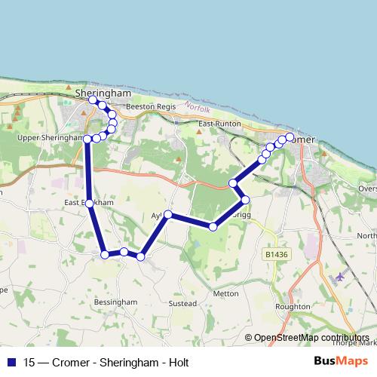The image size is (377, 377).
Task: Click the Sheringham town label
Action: pyautogui.click(x=103, y=92)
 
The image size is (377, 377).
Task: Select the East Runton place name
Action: pyautogui.click(x=219, y=123)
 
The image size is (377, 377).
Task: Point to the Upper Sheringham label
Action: pyautogui.click(x=44, y=138)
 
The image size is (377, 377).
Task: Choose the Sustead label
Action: pyautogui.click(x=183, y=303)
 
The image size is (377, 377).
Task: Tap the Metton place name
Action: pyautogui.click(x=226, y=293)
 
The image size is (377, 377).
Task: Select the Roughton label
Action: pyautogui.click(x=293, y=307)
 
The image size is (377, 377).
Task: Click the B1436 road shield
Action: pyautogui.click(x=277, y=256)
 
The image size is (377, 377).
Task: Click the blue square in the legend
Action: pyautogui.click(x=11, y=362)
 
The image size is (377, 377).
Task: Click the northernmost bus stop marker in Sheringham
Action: pyautogui.click(x=93, y=100)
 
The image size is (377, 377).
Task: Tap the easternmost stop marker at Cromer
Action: pyautogui.click(x=289, y=136)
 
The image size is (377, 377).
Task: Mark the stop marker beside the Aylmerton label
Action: pyautogui.click(x=168, y=215)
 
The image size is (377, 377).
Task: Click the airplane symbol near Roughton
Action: pyautogui.click(x=339, y=277)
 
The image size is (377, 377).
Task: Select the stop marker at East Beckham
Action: pyautogui.click(x=90, y=204)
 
